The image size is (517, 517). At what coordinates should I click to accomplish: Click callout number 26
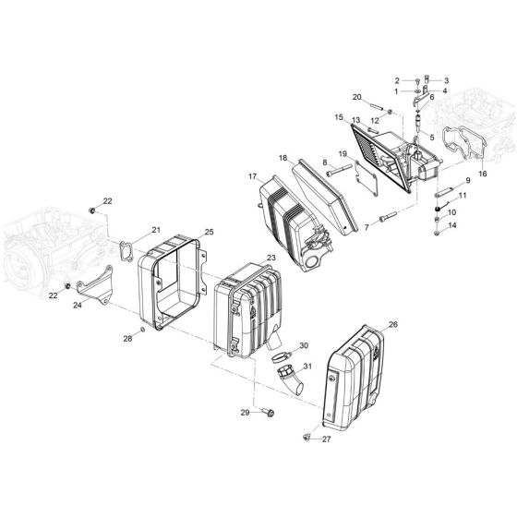(392, 324)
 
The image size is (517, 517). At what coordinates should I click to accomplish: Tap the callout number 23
(271, 257)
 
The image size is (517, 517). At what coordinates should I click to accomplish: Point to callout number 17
(252, 176)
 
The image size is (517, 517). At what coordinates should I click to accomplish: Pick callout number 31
(307, 367)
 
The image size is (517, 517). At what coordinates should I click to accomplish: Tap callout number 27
(326, 439)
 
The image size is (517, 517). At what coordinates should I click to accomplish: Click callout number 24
(77, 304)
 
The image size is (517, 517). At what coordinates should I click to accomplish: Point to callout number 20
(356, 97)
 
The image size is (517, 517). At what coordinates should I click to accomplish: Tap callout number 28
(128, 339)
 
